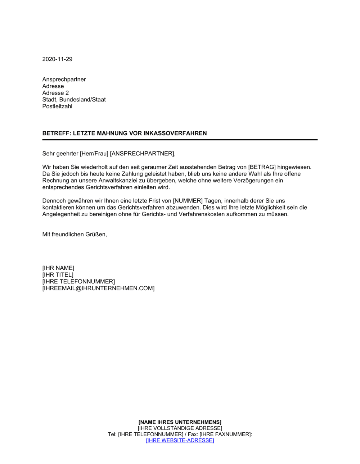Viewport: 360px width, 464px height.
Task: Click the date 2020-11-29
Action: pyautogui.click(x=57, y=59)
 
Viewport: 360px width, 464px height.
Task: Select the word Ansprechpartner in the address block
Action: pyautogui.click(x=64, y=79)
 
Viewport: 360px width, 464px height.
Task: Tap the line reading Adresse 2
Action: pyautogui.click(x=55, y=93)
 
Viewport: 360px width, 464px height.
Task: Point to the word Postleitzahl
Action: pyautogui.click(x=57, y=106)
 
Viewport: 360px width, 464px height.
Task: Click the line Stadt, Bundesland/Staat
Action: pyautogui.click(x=74, y=100)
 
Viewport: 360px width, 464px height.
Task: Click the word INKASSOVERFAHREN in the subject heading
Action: pyautogui.click(x=175, y=133)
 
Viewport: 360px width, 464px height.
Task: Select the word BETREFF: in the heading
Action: pyautogui.click(x=57, y=133)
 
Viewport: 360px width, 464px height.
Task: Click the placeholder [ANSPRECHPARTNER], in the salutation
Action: pyautogui.click(x=143, y=154)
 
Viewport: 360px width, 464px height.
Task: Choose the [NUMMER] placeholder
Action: pyautogui.click(x=188, y=201)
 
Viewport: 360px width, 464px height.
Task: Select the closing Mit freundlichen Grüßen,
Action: pyautogui.click(x=75, y=235)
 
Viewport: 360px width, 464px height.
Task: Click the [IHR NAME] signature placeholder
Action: pyautogui.click(x=58, y=268)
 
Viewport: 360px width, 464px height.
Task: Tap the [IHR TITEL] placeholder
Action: pyautogui.click(x=58, y=275)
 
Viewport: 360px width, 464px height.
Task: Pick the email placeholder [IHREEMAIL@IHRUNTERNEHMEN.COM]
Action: pyautogui.click(x=98, y=288)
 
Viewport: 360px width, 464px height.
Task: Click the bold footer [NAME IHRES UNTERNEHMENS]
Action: pyautogui.click(x=180, y=422)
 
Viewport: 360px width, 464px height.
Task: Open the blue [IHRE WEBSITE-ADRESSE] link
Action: pyautogui.click(x=180, y=441)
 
